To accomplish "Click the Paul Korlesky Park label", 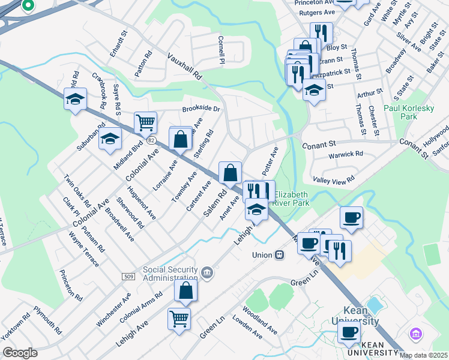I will coord(417,112).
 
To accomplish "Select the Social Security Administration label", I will coord(170,274).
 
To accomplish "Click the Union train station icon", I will coord(279,254).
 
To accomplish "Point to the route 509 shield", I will coord(130,276).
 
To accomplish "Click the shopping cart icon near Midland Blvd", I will coord(145,124).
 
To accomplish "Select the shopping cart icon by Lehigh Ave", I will coord(179,319).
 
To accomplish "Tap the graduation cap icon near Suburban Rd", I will coord(76,100).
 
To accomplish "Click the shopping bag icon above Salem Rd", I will coord(231,173).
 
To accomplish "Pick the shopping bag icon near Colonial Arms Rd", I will coord(186,291).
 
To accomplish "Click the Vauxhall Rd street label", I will coord(185,65).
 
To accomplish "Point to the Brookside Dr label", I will coord(201,110).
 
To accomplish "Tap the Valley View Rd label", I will coord(334,179).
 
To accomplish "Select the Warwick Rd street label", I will coord(346,154).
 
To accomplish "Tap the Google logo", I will coord(20,353).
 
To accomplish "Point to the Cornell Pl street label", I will coord(221,49).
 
